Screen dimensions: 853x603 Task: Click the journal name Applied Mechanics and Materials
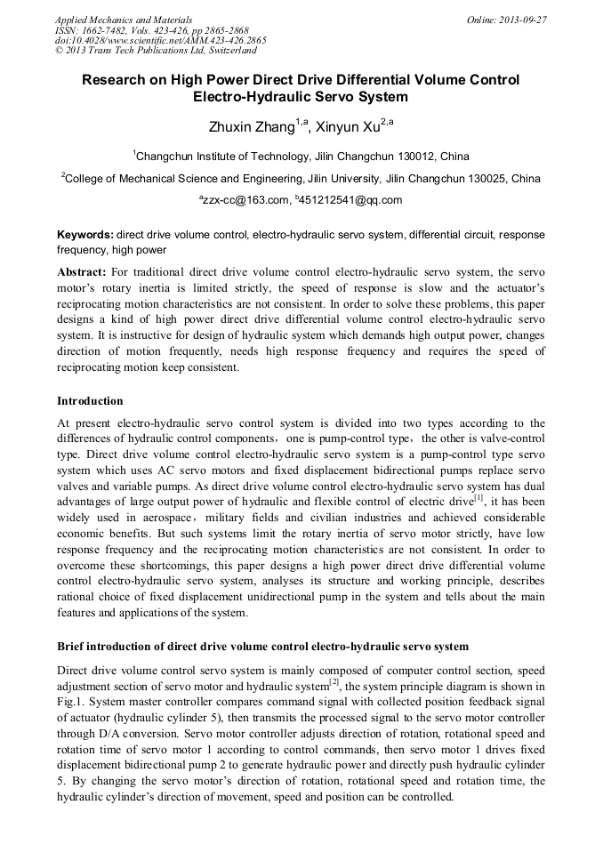124,19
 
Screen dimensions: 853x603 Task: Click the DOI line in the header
160,40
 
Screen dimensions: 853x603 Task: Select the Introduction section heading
90,401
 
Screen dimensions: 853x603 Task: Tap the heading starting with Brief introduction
262,645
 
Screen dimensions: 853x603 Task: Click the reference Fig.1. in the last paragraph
69,701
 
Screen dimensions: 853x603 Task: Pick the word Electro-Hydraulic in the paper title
252,97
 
